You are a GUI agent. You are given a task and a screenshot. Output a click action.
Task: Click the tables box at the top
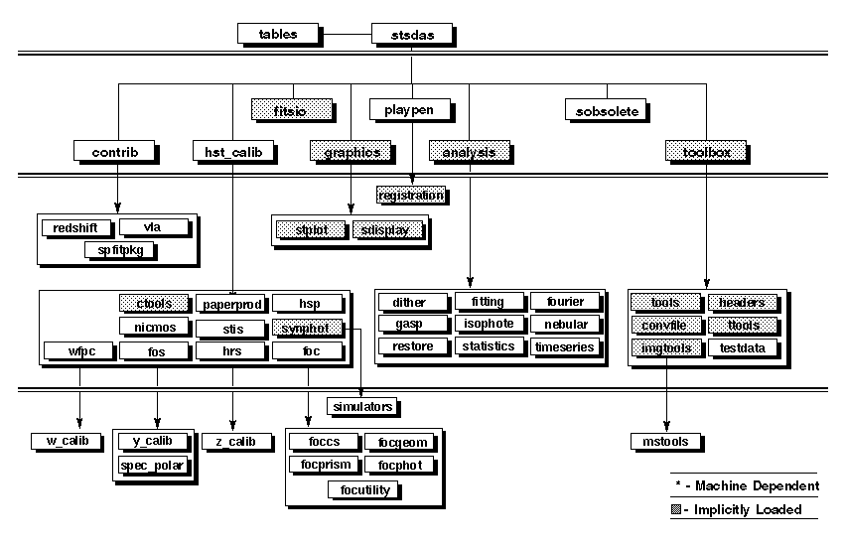279,34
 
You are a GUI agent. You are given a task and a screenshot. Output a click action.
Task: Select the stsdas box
411,35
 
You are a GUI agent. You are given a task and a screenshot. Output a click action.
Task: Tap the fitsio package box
287,109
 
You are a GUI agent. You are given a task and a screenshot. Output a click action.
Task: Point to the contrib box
115,152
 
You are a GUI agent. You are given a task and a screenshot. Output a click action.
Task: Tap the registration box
410,195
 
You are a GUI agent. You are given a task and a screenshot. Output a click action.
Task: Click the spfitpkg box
121,250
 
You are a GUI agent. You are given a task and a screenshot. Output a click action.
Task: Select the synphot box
307,327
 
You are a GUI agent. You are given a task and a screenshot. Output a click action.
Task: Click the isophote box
488,325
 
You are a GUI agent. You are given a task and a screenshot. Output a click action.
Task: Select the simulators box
362,406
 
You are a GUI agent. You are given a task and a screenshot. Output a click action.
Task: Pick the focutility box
362,488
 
